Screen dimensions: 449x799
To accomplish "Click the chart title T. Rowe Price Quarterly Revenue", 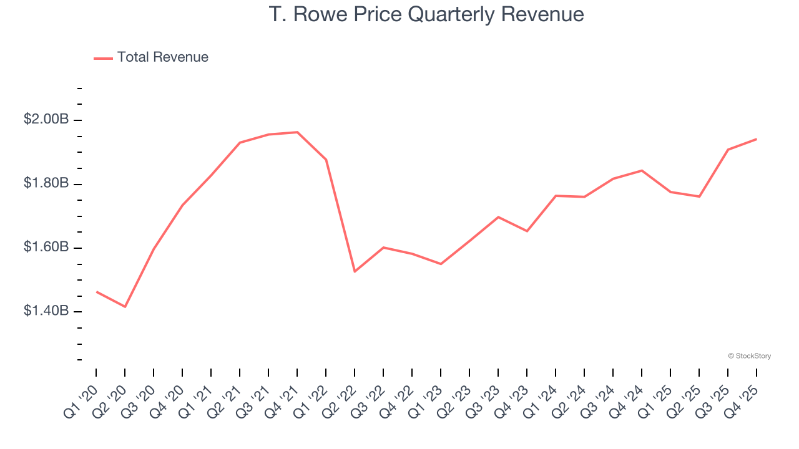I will click(x=426, y=14).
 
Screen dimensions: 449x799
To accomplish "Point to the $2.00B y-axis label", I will click(x=46, y=119).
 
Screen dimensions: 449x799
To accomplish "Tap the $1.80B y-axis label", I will click(x=46, y=183).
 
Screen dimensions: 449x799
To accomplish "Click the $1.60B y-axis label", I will click(x=46, y=248).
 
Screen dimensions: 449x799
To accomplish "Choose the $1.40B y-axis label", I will click(x=46, y=311).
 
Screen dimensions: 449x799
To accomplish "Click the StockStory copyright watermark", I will click(x=749, y=356).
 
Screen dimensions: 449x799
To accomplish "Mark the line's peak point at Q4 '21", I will click(x=297, y=132).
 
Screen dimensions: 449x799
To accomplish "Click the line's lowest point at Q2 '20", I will click(x=125, y=307).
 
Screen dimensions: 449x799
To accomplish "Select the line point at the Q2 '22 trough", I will click(x=355, y=271).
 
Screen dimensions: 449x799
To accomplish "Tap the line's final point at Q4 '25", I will click(x=757, y=139).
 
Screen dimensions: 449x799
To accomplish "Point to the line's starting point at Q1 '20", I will click(x=96, y=291).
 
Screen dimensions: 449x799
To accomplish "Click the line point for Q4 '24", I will click(x=642, y=170).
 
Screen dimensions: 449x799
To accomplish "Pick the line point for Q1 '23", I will click(x=441, y=264).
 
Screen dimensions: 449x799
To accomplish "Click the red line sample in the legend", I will click(x=103, y=58).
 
